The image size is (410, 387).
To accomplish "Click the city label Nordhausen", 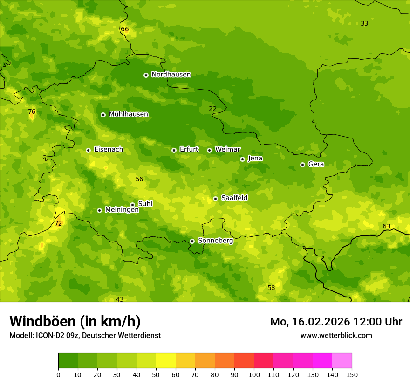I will pos(171,75).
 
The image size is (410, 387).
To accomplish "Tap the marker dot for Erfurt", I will pos(174,150).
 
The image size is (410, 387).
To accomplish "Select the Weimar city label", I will pos(227,150).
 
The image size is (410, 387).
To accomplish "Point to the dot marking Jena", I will pos(242,159).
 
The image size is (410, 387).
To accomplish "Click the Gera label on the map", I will pos(316,164).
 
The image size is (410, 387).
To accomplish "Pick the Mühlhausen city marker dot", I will pos(103,115).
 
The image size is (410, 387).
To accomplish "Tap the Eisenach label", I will pos(109,150).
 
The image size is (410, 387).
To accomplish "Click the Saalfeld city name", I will pos(234,198).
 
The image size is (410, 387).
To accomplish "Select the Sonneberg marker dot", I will pos(192,241).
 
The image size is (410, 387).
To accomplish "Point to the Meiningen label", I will pos(122,210).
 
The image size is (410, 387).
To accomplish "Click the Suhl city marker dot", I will pos(132,205).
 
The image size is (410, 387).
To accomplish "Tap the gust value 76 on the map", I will pos(32,112).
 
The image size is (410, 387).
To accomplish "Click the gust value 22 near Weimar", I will pos(212,109).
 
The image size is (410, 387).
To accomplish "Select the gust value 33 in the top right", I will pos(364,24).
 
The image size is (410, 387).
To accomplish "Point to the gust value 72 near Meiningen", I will pos(58,224).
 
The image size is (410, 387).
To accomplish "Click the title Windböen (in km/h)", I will pos(75,321).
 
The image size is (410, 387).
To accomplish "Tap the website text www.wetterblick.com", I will pos(336,335).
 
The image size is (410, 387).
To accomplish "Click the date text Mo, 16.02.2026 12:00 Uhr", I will pos(336,322).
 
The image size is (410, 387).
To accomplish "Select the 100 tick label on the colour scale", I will pos(254,374).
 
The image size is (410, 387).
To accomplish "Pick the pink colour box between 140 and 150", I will pos(342,361).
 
